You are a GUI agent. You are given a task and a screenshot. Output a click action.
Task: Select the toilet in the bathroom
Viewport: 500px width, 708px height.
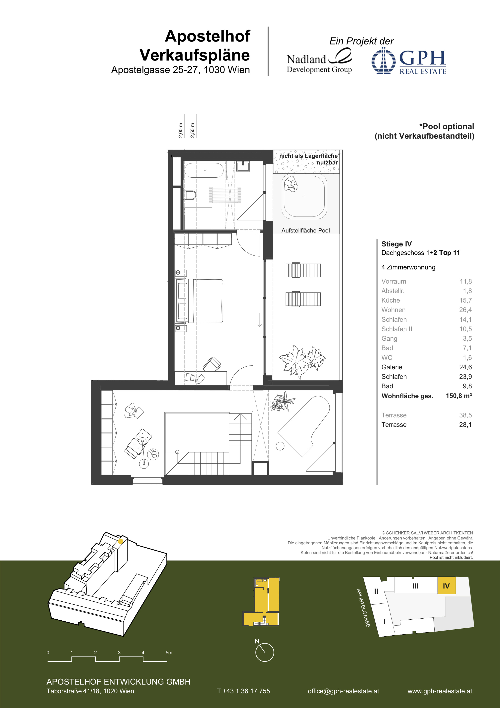click(x=191, y=195)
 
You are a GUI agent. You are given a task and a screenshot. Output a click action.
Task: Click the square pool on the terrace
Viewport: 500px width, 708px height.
click(x=304, y=196)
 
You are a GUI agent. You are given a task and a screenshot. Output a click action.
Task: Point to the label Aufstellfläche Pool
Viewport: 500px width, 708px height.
click(x=305, y=230)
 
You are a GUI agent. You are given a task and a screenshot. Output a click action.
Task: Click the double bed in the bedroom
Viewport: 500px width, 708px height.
click(x=199, y=301)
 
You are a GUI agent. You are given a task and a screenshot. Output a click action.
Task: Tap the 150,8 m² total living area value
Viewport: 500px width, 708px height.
click(x=459, y=396)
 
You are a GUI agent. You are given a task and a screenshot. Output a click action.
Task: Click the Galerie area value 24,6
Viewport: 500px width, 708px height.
click(x=465, y=367)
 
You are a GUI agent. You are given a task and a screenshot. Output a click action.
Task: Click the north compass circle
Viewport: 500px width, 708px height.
click(x=264, y=652)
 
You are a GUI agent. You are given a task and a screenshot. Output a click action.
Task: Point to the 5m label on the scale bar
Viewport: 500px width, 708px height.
click(x=169, y=653)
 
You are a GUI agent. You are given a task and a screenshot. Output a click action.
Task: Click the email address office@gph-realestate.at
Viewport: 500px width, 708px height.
click(x=343, y=691)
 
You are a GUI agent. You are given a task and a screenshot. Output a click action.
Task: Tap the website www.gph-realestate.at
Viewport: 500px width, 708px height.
click(x=440, y=691)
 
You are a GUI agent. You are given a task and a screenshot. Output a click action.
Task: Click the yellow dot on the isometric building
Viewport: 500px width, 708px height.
click(x=121, y=541)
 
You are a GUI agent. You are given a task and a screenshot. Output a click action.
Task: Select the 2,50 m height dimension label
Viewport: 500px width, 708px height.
click(x=193, y=130)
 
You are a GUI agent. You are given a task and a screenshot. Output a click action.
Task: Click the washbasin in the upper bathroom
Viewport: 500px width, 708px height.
click(x=243, y=166)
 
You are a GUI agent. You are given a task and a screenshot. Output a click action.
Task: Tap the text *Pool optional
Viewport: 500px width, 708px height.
click(x=446, y=126)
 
